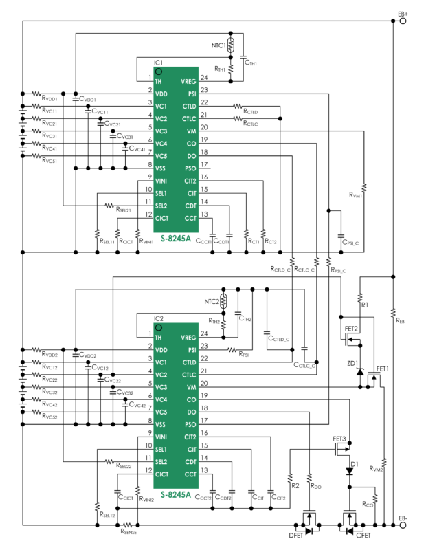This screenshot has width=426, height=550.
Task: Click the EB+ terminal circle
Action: (403, 21)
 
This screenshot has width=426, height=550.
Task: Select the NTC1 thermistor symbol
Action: (231, 46)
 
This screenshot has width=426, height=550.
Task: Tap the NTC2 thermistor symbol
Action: (223, 301)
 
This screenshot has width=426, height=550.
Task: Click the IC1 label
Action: (157, 63)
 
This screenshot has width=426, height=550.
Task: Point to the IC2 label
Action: (157, 318)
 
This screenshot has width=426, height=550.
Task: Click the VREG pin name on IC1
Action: (188, 81)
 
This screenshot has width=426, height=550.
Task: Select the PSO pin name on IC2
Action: (190, 424)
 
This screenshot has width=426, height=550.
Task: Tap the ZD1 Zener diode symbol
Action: (359, 371)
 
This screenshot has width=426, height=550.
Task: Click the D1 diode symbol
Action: (350, 472)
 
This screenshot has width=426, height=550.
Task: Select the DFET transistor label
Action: (296, 535)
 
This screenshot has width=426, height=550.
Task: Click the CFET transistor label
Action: (363, 535)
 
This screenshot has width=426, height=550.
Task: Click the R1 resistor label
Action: (365, 303)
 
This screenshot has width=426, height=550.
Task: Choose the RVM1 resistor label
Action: (355, 196)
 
